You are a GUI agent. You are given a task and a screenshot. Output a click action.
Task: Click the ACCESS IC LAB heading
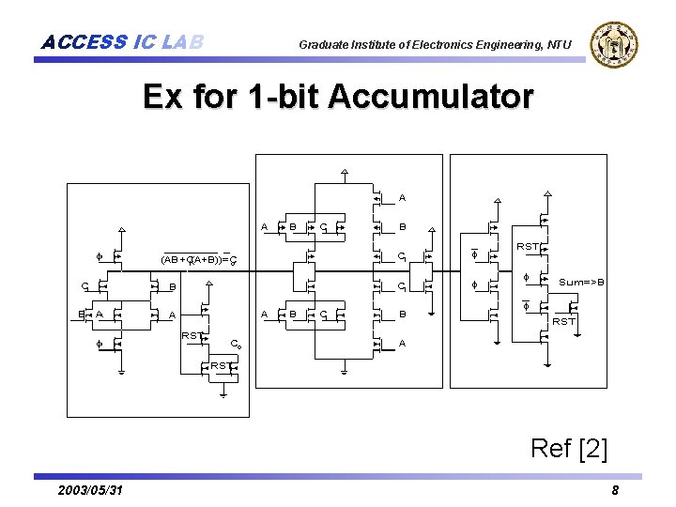pyautogui.click(x=122, y=42)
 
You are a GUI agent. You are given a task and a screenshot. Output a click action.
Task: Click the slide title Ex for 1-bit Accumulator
pyautogui.click(x=338, y=97)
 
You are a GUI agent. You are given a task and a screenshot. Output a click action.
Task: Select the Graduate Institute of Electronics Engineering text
pyautogui.click(x=435, y=44)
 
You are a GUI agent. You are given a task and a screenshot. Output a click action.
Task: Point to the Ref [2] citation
pyautogui.click(x=569, y=448)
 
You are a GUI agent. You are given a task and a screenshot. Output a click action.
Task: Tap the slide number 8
pyautogui.click(x=615, y=491)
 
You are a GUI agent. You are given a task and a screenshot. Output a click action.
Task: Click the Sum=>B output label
pyautogui.click(x=582, y=282)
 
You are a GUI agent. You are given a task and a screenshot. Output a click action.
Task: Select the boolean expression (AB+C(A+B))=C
pyautogui.click(x=198, y=259)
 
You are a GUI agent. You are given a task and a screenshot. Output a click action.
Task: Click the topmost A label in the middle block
pyautogui.click(x=402, y=198)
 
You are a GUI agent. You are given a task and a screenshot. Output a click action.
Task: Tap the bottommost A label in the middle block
pyautogui.click(x=402, y=344)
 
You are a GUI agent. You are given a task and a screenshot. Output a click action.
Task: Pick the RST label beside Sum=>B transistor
pyautogui.click(x=563, y=321)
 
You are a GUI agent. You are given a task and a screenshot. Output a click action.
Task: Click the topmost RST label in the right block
pyautogui.click(x=528, y=247)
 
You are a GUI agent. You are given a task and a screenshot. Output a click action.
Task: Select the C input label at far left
pyautogui.click(x=84, y=285)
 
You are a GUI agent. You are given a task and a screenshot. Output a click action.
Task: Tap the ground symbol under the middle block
pyautogui.click(x=345, y=371)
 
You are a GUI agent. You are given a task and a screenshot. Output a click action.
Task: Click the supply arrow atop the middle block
pyautogui.click(x=345, y=172)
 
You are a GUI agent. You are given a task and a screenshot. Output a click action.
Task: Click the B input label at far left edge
pyautogui.click(x=81, y=315)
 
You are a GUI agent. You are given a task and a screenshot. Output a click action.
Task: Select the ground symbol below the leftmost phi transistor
pyautogui.click(x=121, y=371)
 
